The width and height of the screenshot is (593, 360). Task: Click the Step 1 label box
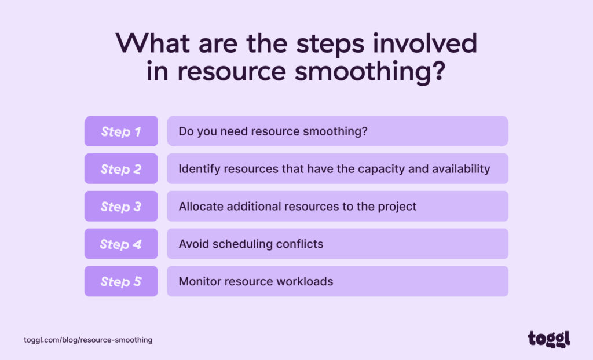[x=121, y=131]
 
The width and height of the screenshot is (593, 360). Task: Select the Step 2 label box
[x=121, y=169]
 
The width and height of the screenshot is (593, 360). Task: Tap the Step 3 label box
[x=121, y=207]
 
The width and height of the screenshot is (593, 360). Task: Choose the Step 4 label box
[x=121, y=244]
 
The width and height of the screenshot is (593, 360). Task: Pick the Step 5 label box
[x=121, y=281]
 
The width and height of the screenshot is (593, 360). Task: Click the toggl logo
[x=548, y=339]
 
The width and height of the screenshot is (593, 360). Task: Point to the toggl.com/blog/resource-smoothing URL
[x=88, y=340]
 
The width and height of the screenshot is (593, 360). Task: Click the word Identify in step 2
[x=197, y=169]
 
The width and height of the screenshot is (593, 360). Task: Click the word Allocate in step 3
[x=200, y=207]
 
